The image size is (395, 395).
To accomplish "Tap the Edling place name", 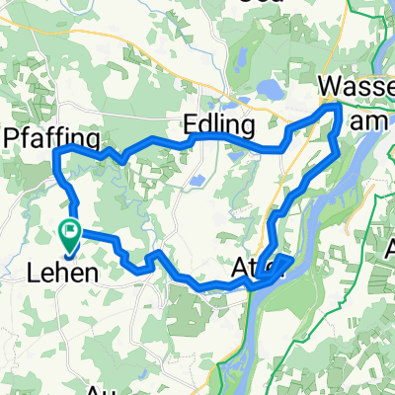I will (219, 124).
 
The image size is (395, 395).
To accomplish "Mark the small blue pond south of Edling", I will (197, 182).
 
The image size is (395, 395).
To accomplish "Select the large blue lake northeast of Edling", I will (269, 91).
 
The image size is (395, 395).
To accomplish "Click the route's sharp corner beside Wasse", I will (338, 107).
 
